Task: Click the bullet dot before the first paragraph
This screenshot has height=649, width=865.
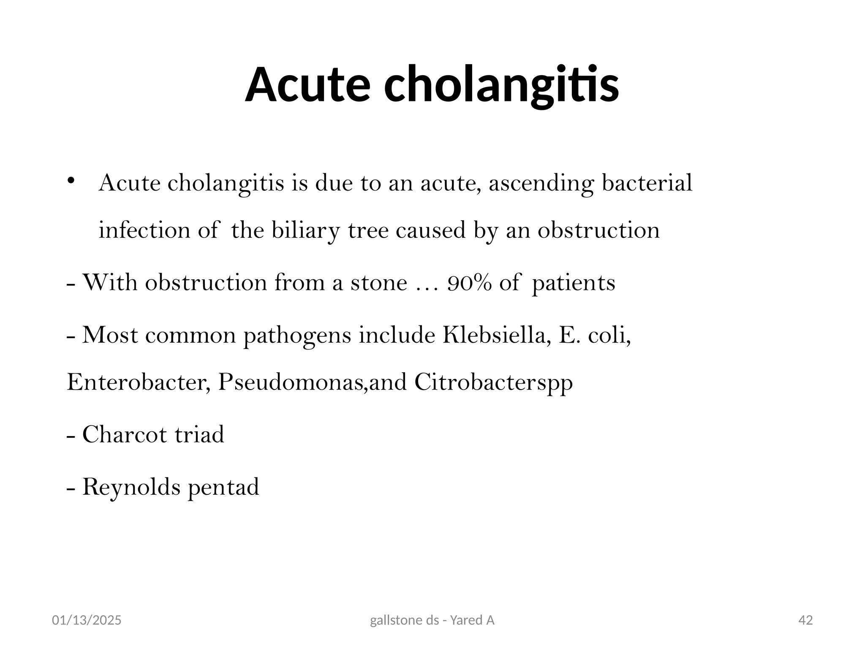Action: [71, 181]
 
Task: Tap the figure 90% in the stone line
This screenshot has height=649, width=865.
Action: [469, 283]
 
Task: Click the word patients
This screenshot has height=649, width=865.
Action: [573, 283]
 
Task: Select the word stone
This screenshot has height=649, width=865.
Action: [378, 283]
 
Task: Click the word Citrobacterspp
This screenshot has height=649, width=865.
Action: [493, 383]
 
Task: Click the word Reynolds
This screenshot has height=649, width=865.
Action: [131, 487]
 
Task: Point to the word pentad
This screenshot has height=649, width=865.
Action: [223, 487]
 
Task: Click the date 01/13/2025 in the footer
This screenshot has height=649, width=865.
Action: [87, 620]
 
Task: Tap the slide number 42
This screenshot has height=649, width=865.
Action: [806, 620]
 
